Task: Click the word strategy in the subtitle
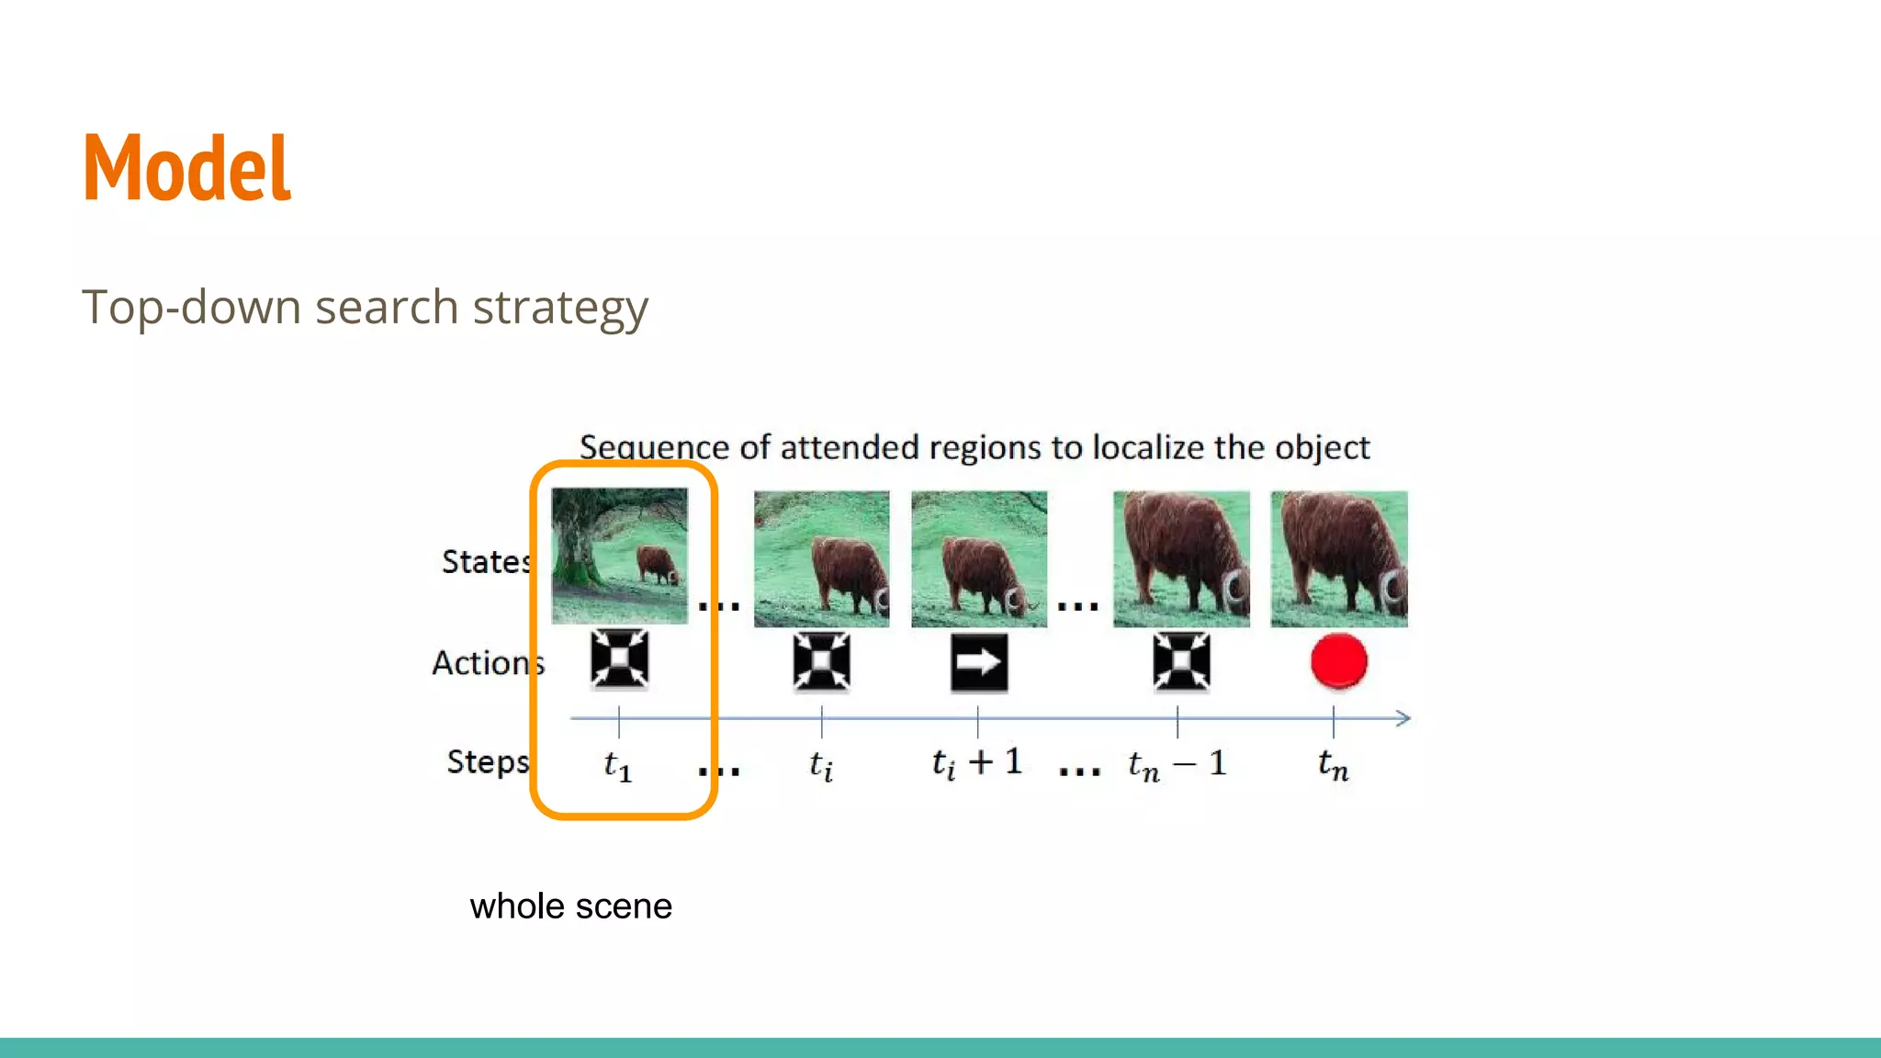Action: (x=560, y=308)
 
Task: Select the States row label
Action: (x=486, y=561)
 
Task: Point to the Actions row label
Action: (x=488, y=662)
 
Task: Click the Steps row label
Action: (x=488, y=761)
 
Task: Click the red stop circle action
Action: (x=1338, y=660)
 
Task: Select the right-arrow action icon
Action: (x=979, y=661)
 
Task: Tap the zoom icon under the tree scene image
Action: (x=619, y=658)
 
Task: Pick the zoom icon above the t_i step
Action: (x=821, y=661)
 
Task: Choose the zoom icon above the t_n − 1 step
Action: (x=1181, y=661)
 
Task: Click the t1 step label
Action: (x=617, y=764)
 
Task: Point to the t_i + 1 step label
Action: (x=976, y=762)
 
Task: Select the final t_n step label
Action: (x=1333, y=763)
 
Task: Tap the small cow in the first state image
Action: (x=657, y=564)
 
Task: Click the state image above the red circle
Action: (x=1338, y=558)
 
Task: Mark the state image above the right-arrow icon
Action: (x=978, y=558)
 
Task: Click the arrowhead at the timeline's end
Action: (x=1403, y=718)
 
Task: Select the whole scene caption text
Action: (x=570, y=906)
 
